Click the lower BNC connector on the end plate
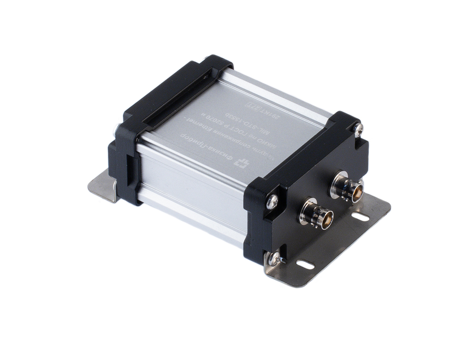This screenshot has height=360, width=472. pyautogui.click(x=315, y=214)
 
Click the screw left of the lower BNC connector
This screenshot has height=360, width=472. pyautogui.click(x=272, y=201)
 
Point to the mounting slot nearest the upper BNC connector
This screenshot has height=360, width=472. pyautogui.click(x=360, y=217)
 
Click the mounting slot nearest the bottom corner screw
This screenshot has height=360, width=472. pyautogui.click(x=305, y=265)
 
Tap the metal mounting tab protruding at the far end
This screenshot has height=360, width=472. pyautogui.click(x=103, y=186)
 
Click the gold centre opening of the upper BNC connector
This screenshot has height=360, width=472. pyautogui.click(x=356, y=190)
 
